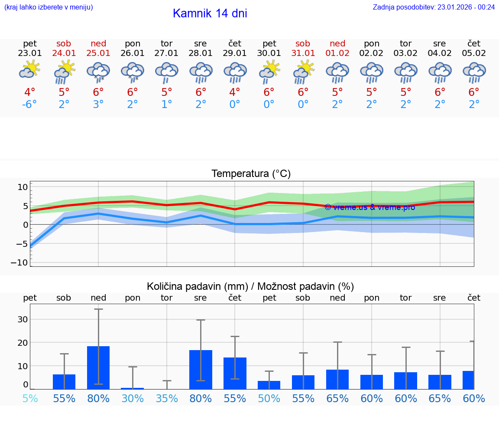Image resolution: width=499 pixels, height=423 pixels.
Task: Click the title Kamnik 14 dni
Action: pos(210,13)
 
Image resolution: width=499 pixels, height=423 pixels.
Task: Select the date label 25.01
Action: pos(98,53)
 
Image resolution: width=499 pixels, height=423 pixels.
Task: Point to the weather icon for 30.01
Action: pos(269,72)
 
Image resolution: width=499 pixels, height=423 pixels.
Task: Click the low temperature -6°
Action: pos(30,105)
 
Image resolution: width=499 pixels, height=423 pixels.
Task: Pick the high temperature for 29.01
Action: pos(235,92)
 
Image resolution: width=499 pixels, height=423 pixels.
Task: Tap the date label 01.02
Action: pos(337,53)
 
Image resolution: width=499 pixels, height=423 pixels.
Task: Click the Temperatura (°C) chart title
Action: pos(251,174)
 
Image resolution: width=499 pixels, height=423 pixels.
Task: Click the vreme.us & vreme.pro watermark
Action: pos(369,207)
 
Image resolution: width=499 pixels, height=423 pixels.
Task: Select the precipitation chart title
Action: pos(250,286)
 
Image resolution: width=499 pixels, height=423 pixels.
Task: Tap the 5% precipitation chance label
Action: pos(30,398)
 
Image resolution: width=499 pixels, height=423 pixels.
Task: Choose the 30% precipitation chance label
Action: pos(133,398)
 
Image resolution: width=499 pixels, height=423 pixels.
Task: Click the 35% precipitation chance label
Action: pos(167,398)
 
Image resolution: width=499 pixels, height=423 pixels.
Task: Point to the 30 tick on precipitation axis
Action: pos(23,319)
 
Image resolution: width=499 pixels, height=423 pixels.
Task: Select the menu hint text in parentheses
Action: pos(48,7)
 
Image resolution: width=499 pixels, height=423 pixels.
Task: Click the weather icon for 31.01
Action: pos(303,72)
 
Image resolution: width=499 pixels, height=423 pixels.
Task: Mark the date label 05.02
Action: pos(474,53)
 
